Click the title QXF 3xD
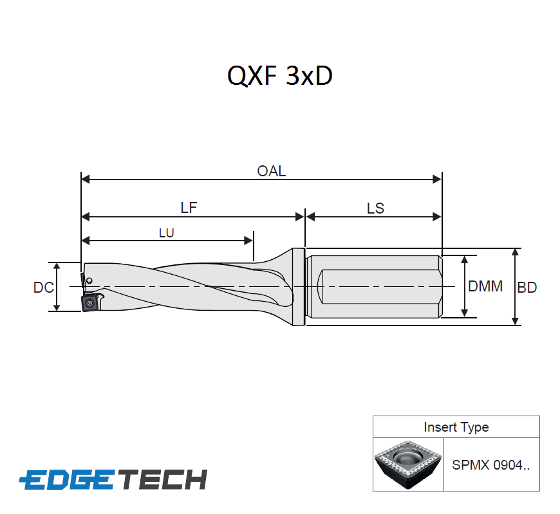pyautogui.click(x=279, y=77)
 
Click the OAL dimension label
pyautogui.click(x=271, y=171)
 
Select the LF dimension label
pyautogui.click(x=189, y=208)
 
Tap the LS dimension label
pyautogui.click(x=375, y=208)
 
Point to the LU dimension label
pyautogui.click(x=166, y=233)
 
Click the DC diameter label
pyautogui.click(x=43, y=288)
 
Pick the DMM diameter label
pyautogui.click(x=485, y=286)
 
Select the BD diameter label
pyautogui.click(x=527, y=288)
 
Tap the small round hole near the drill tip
pyautogui.click(x=89, y=280)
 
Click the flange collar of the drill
pyautogui.click(x=298, y=286)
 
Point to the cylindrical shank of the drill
pyautogui.click(x=373, y=286)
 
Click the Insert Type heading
pyautogui.click(x=456, y=427)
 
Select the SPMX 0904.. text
pyautogui.click(x=490, y=465)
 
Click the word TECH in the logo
pyautogui.click(x=164, y=479)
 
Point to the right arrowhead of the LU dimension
pyautogui.click(x=248, y=241)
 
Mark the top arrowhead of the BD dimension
pyautogui.click(x=514, y=252)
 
